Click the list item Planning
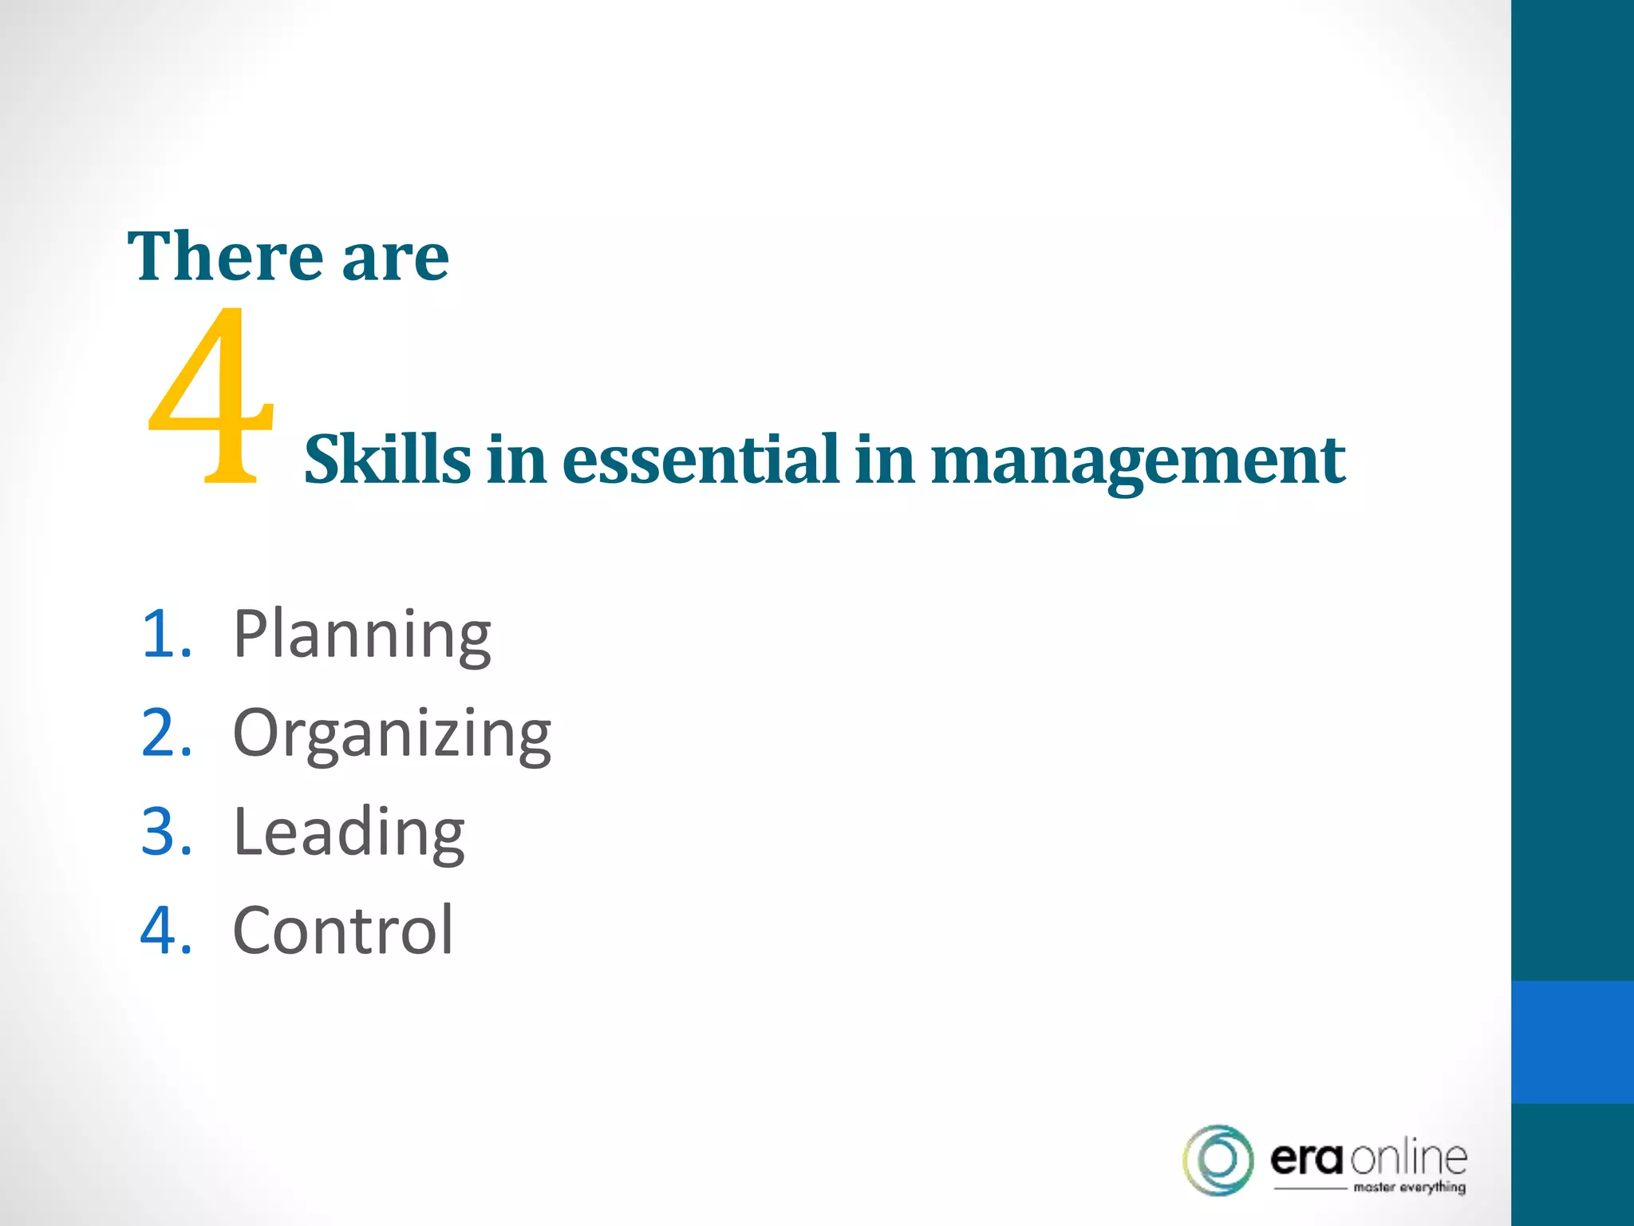[361, 635]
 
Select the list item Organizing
[391, 734]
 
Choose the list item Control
[343, 931]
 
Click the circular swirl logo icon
[1218, 1160]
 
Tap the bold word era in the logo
[1308, 1158]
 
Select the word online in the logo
[1409, 1158]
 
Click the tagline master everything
[1409, 1188]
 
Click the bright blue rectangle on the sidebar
[1572, 1042]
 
